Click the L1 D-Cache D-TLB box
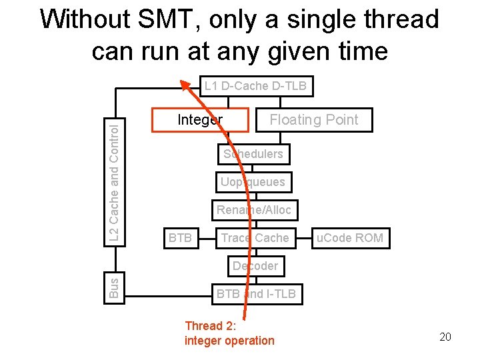coord(256,86)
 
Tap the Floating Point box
coord(313,120)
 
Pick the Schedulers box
coord(253,154)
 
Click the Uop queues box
coord(253,182)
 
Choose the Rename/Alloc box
coord(254,210)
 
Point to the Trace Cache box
coord(255,238)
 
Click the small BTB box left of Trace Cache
coord(180,238)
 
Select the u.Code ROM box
coord(350,238)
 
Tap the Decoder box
coord(255,266)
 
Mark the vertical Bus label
coord(114,287)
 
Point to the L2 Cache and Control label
coord(114,181)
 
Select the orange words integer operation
coord(229,341)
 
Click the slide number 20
coord(445,337)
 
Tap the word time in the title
coord(359,51)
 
